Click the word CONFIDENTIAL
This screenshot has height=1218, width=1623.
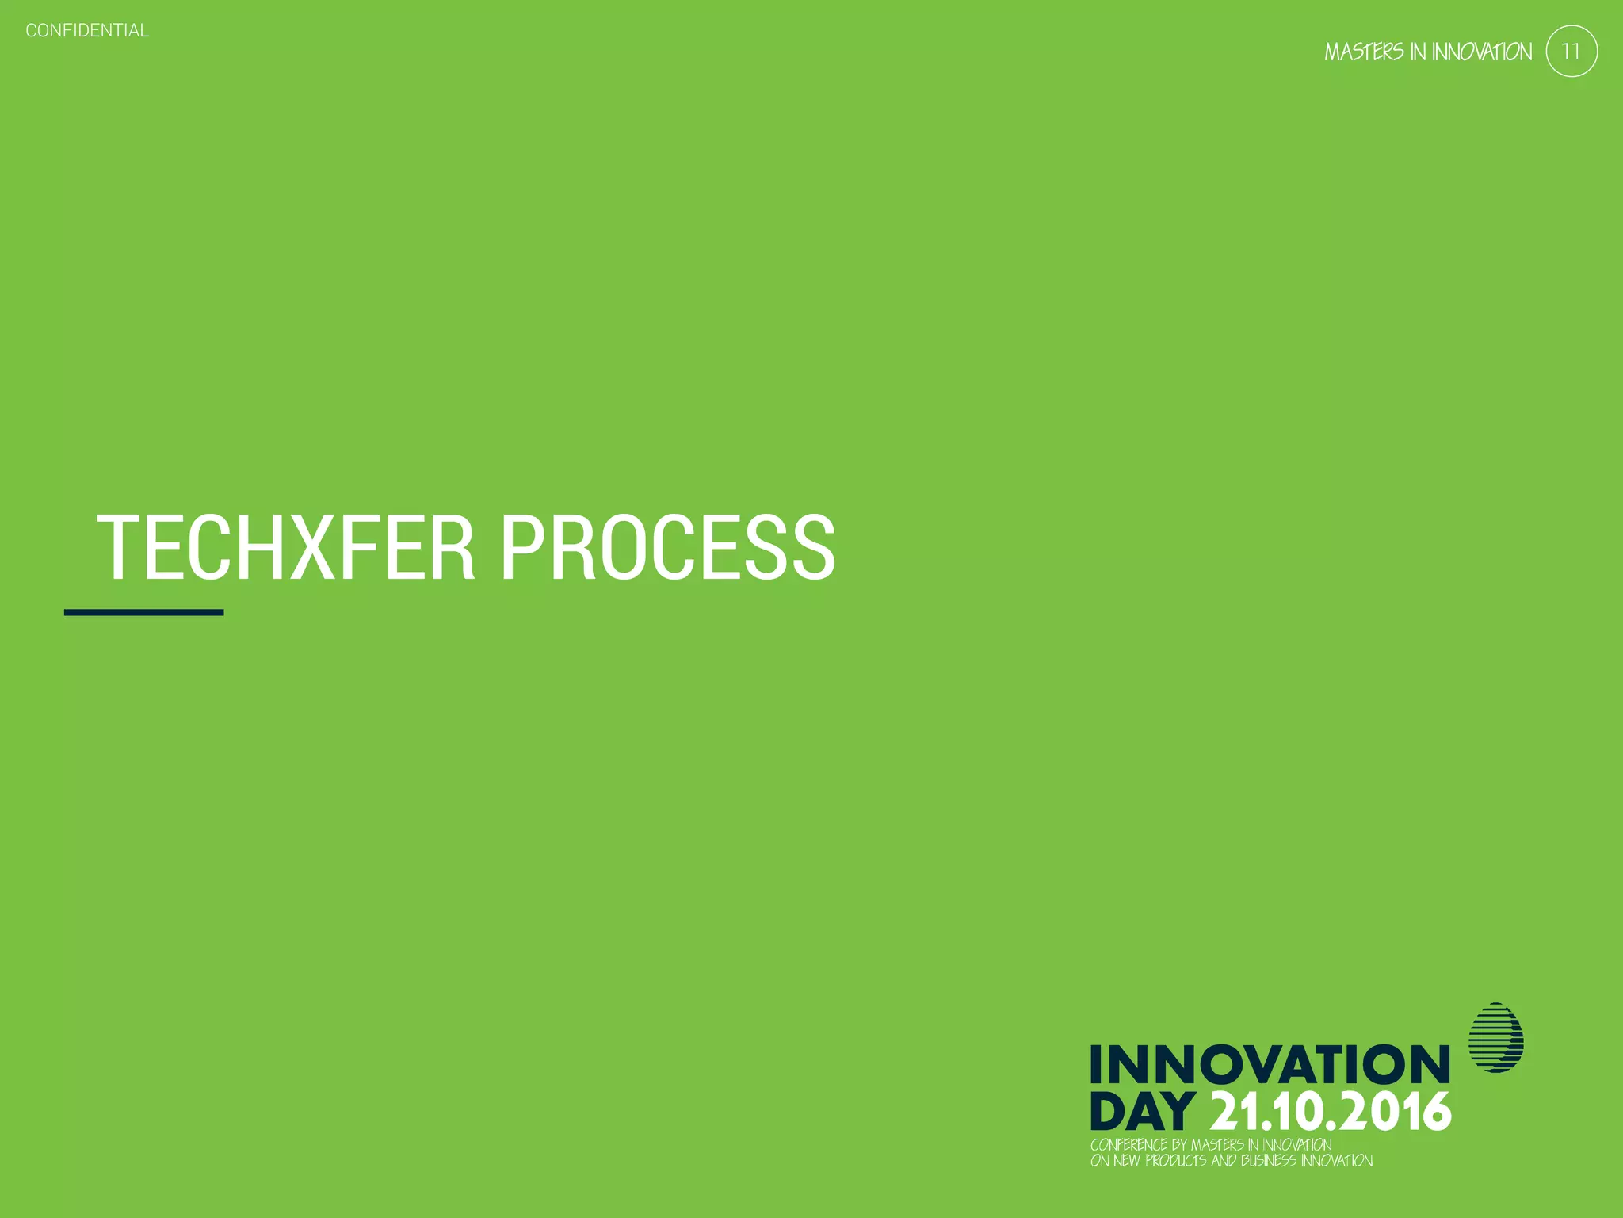click(87, 31)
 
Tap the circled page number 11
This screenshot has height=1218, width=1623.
click(1571, 52)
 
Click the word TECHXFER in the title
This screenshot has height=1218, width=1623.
click(285, 547)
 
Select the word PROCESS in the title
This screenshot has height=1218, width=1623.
click(667, 547)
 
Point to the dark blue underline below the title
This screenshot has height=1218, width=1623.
click(143, 612)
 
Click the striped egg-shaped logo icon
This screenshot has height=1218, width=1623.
click(1495, 1037)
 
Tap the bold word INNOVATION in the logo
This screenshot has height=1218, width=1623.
click(1270, 1064)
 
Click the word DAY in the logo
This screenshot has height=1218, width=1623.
click(1142, 1111)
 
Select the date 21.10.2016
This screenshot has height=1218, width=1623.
click(1331, 1111)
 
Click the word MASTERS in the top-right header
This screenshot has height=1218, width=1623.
click(1364, 52)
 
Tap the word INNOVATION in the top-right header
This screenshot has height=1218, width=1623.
click(1481, 52)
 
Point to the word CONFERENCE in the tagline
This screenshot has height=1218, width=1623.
click(1128, 1145)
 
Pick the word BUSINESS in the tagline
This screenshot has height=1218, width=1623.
click(1269, 1161)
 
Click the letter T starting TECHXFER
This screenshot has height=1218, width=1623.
click(120, 547)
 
